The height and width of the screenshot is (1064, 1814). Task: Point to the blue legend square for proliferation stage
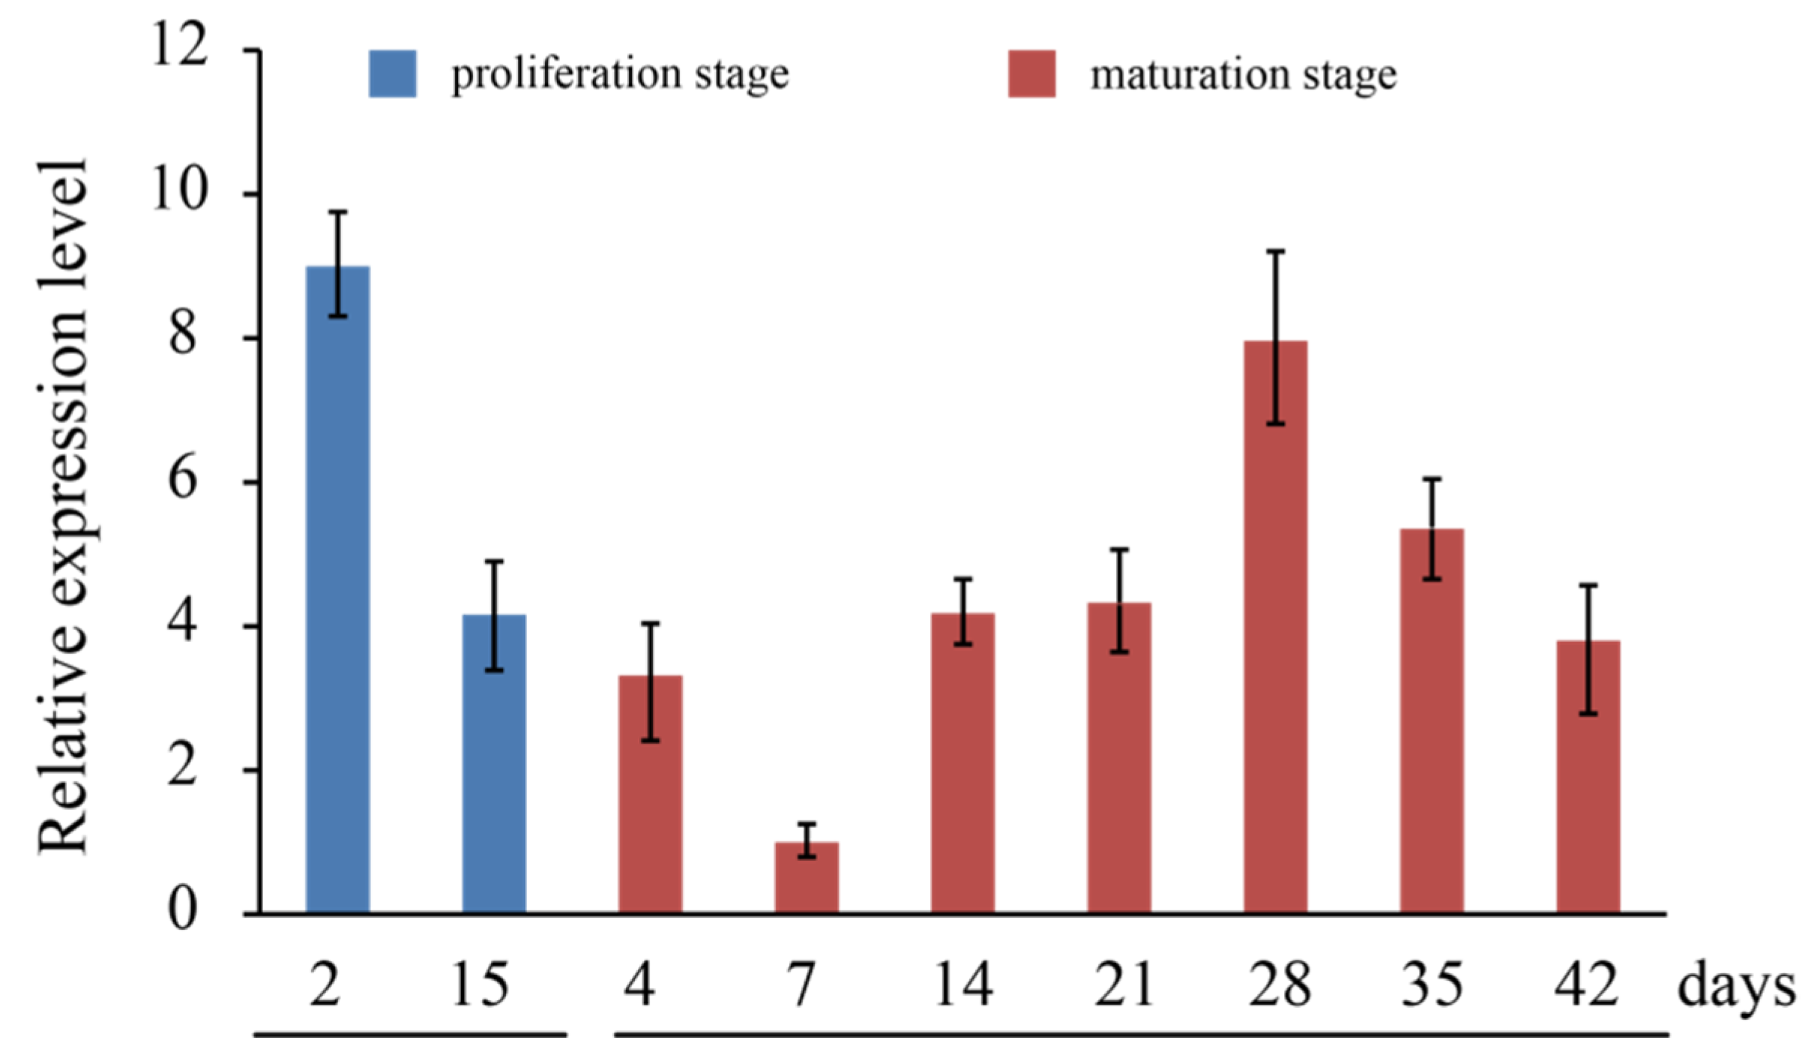tap(392, 73)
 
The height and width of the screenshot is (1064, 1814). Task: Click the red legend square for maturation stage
tap(1031, 73)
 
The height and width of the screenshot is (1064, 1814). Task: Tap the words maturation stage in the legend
tap(1243, 76)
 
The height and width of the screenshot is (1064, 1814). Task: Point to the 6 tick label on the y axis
tap(183, 480)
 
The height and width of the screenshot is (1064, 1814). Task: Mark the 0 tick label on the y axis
tap(182, 910)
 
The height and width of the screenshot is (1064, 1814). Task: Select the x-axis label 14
tap(963, 985)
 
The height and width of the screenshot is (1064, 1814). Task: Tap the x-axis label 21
tap(1122, 985)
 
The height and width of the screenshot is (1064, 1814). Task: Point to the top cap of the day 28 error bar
tap(1275, 251)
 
